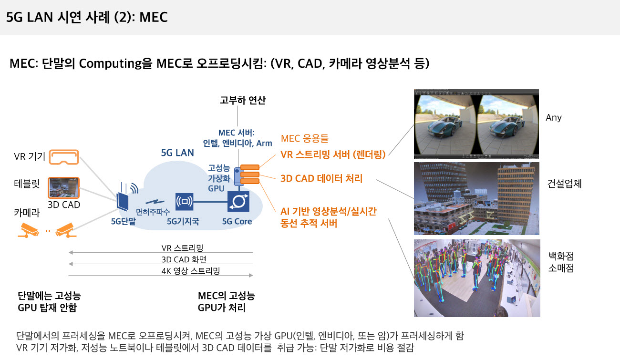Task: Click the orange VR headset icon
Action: [x=64, y=157]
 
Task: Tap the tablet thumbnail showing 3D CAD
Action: [x=63, y=188]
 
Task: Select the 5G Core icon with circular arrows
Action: [x=238, y=201]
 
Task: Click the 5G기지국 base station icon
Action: [x=185, y=202]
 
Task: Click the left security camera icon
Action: [x=28, y=230]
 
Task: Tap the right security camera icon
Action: [x=65, y=230]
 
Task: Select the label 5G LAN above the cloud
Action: [x=177, y=153]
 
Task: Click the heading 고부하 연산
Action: [x=243, y=100]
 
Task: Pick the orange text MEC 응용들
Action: [x=304, y=138]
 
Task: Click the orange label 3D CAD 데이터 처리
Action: [x=321, y=178]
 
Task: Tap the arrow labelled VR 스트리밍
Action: [x=161, y=252]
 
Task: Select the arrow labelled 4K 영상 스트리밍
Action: [x=161, y=275]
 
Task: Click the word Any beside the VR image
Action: [x=554, y=118]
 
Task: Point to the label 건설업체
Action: [x=564, y=184]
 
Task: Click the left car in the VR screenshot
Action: [x=444, y=126]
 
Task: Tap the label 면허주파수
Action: [x=153, y=212]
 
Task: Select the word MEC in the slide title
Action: [x=154, y=17]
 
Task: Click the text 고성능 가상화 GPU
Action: [x=219, y=178]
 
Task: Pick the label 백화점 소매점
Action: [x=561, y=262]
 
